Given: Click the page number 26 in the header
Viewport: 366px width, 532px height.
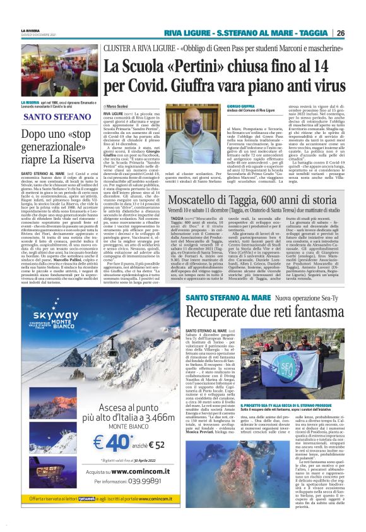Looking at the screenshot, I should point(339,33).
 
